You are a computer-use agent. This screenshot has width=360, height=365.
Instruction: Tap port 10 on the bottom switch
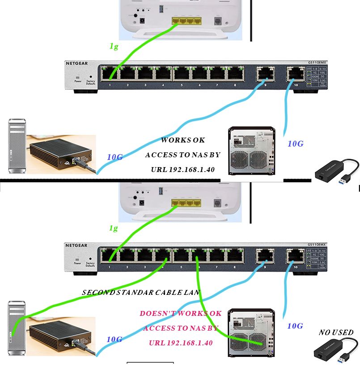coord(295,256)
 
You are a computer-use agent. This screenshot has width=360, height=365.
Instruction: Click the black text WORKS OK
coord(182,140)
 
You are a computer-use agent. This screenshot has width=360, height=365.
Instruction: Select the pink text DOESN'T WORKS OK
coord(180,314)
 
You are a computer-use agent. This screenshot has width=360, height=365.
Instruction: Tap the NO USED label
coord(336,332)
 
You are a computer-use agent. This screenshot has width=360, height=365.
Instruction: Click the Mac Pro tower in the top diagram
coord(17,146)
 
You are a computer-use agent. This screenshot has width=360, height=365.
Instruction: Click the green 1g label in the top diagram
coord(114,46)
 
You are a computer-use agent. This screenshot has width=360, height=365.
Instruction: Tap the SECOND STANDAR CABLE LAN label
coord(141,293)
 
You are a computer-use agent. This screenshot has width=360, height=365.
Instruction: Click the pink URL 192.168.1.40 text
coord(180,343)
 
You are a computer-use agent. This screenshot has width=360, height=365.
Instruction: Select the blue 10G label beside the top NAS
coord(295,144)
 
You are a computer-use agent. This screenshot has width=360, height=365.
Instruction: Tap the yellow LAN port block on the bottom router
coord(186,202)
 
